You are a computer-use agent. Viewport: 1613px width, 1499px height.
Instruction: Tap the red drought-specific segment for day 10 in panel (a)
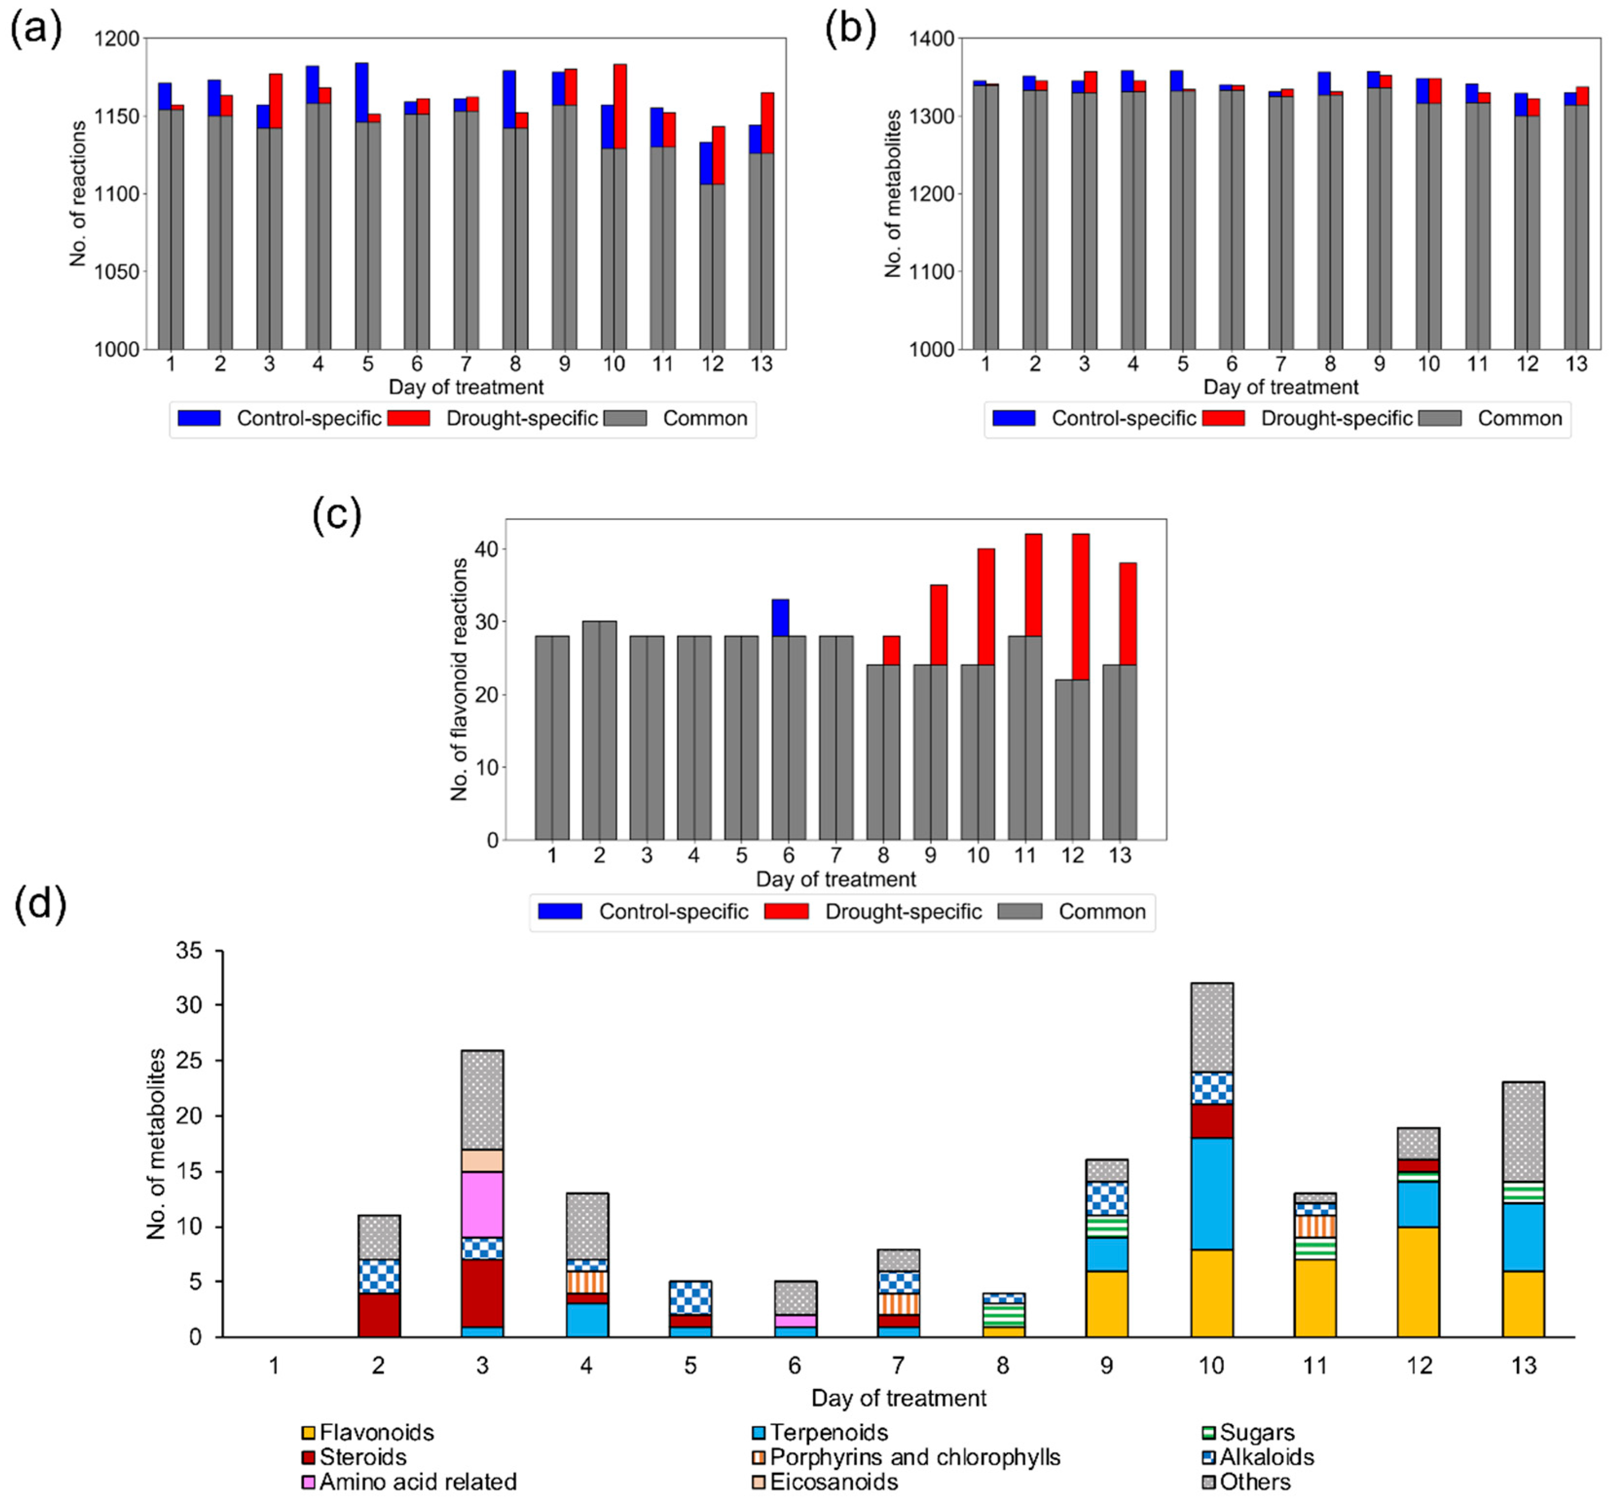621,106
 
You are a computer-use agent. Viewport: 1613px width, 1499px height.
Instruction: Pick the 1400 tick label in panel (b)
932,38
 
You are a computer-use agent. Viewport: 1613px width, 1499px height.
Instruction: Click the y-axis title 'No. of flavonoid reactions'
460,679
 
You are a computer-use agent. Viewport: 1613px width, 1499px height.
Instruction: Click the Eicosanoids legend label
833,1482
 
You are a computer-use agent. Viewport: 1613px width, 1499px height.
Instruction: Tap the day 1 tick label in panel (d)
274,1366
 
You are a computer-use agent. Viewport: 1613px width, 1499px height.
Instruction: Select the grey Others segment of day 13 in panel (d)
1523,1132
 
